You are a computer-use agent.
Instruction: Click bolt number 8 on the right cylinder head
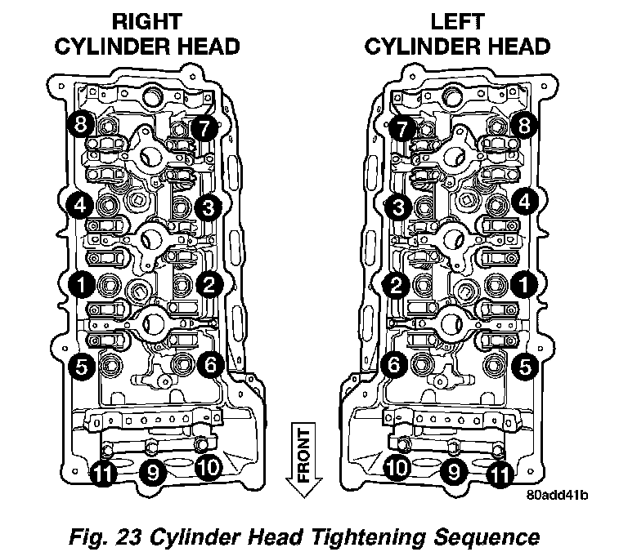80,124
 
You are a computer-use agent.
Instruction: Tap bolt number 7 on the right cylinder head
204,127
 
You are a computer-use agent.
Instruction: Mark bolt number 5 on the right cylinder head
80,367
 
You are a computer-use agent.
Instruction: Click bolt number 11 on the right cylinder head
102,472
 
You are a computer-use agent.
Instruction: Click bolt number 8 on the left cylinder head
524,126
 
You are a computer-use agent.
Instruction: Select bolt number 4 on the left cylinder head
524,201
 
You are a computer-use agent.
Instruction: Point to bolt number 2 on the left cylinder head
396,284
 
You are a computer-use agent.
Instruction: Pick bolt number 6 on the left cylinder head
394,365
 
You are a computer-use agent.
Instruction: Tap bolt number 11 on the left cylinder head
500,472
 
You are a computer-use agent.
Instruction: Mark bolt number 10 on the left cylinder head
397,467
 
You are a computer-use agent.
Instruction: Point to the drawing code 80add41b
558,495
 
